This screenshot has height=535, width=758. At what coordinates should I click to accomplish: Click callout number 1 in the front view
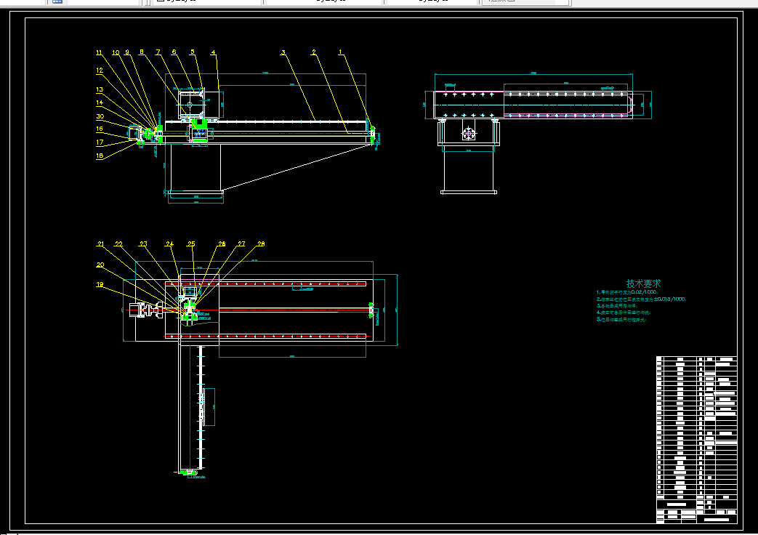click(x=340, y=52)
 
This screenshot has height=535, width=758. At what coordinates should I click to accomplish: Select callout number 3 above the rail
click(x=283, y=52)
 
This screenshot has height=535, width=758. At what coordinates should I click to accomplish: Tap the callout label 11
click(x=100, y=52)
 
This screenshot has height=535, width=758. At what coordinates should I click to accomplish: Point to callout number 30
click(x=100, y=116)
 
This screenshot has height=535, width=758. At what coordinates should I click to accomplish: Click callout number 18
click(x=100, y=155)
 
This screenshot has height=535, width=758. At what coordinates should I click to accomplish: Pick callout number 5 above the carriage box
click(x=193, y=52)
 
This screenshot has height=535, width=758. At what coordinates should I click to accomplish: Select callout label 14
click(x=100, y=102)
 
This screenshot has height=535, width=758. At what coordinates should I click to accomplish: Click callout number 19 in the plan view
click(x=100, y=285)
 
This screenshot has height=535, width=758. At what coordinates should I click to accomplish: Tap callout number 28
click(x=261, y=244)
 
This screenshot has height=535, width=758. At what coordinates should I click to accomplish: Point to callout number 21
click(x=101, y=244)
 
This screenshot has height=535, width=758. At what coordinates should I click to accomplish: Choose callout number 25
click(x=191, y=244)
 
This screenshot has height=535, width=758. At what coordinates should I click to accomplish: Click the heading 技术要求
click(x=644, y=283)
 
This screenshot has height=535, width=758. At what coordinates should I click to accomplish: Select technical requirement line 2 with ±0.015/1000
click(x=641, y=299)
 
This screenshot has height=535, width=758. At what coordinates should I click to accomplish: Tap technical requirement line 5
click(x=622, y=319)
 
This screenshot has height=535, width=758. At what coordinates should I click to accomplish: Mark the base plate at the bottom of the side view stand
click(x=469, y=192)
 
